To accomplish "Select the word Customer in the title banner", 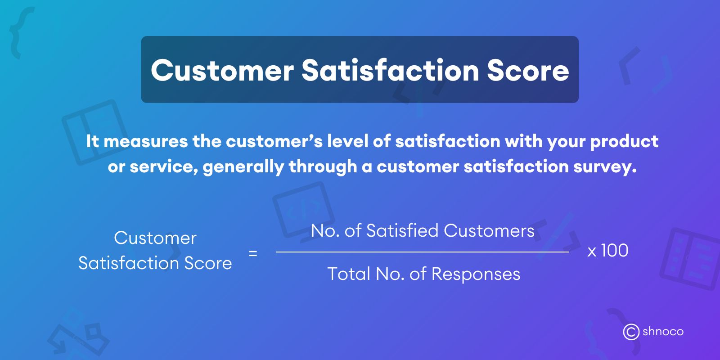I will tap(222, 71).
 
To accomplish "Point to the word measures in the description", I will tap(145, 141).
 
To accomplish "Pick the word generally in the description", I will tap(243, 167).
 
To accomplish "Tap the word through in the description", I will tap(323, 167).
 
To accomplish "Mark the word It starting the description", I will tap(92, 141).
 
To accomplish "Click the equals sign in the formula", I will tap(253, 253).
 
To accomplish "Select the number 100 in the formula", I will tap(614, 251).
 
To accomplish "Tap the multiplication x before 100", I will tap(592, 252).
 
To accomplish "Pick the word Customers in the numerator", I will tap(489, 231).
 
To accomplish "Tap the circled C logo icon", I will tap(631, 332).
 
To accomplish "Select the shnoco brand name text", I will tap(663, 332).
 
